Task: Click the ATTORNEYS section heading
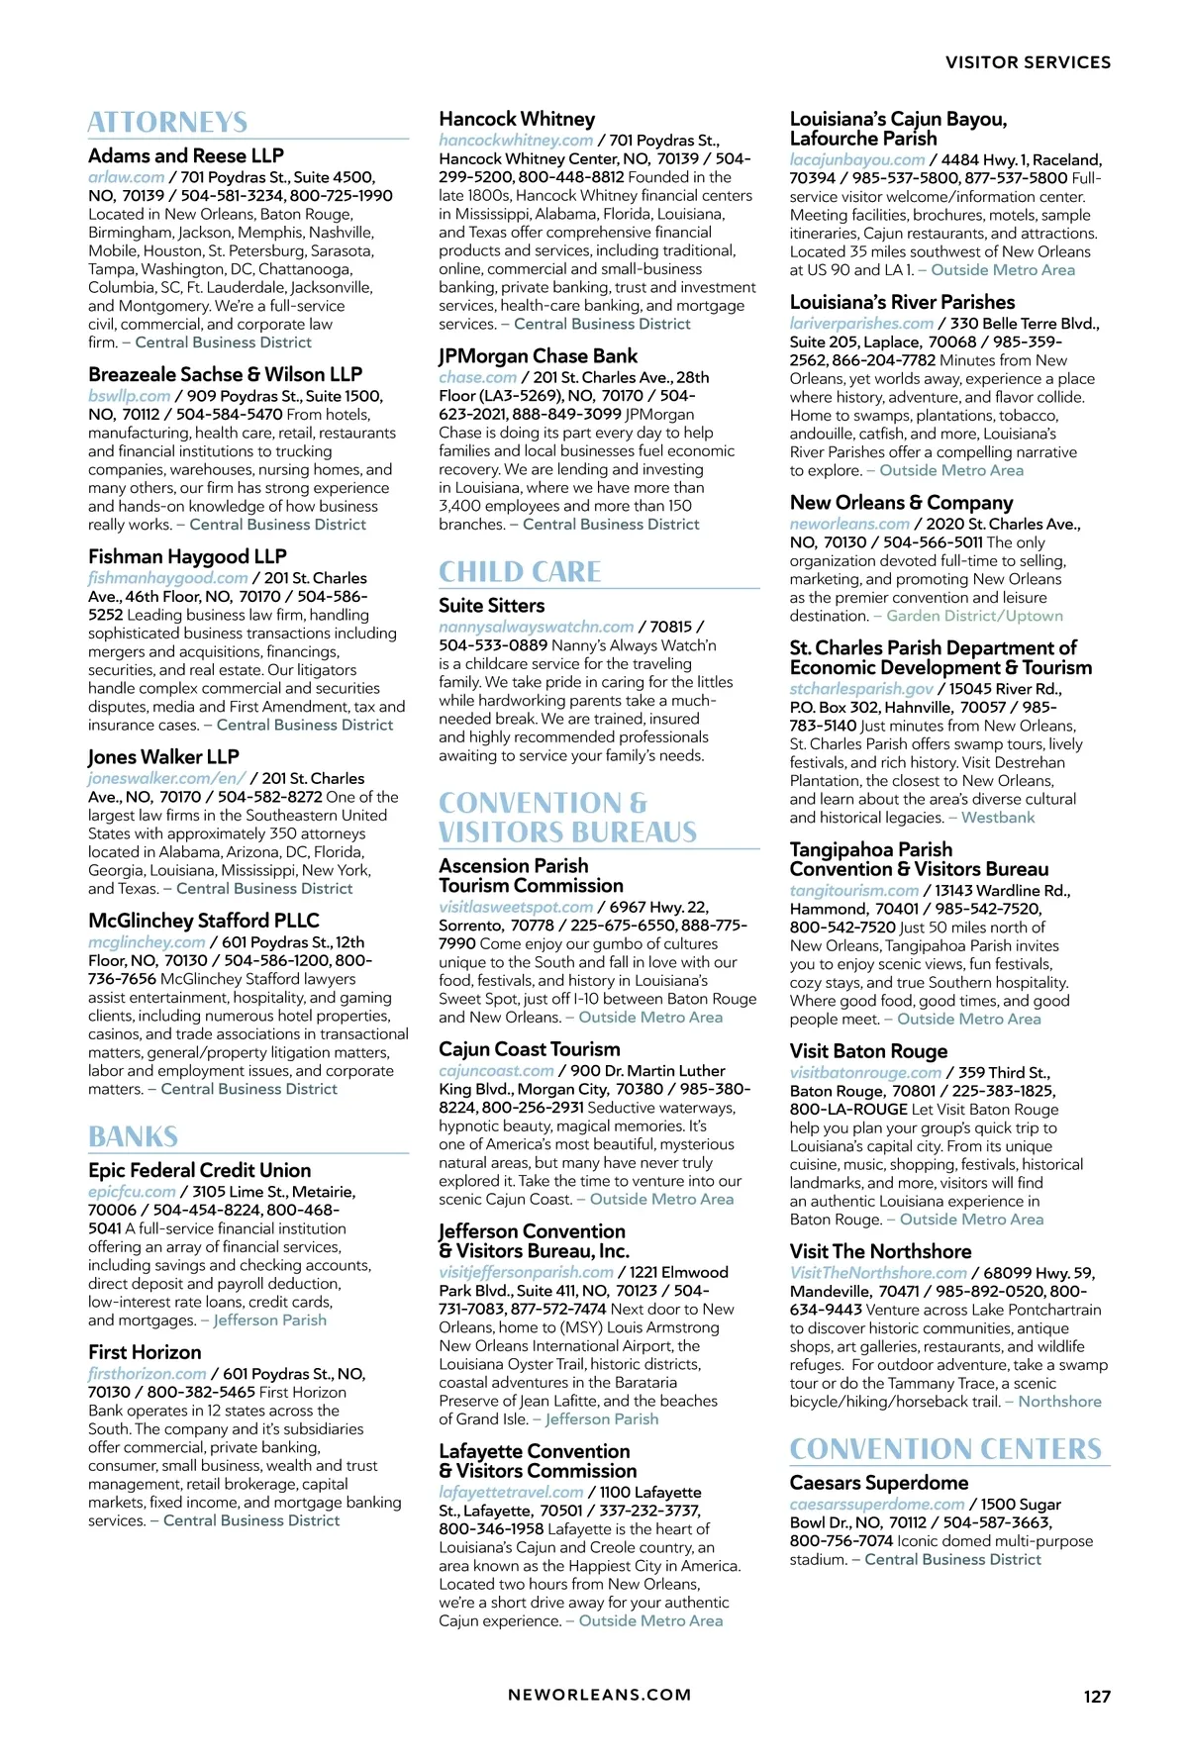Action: coord(167,123)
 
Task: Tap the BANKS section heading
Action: coord(133,1136)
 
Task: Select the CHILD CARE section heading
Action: coord(520,572)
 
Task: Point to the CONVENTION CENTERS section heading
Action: coord(945,1449)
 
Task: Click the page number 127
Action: coord(1097,1696)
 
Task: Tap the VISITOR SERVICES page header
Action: coord(1028,62)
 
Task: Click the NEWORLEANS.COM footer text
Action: coord(599,1695)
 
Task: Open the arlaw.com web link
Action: coord(126,177)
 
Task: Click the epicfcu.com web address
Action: coord(132,1192)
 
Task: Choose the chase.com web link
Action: coord(477,377)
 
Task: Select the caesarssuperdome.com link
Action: coord(877,1504)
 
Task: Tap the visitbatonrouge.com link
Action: coord(865,1072)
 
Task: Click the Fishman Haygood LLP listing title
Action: coord(187,556)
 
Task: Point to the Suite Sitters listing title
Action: coord(491,606)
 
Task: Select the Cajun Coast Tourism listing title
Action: coord(530,1049)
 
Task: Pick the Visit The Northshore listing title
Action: coord(880,1251)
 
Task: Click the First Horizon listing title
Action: coord(145,1352)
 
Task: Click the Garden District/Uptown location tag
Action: coord(974,616)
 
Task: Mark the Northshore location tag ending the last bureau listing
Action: coord(1059,1402)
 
